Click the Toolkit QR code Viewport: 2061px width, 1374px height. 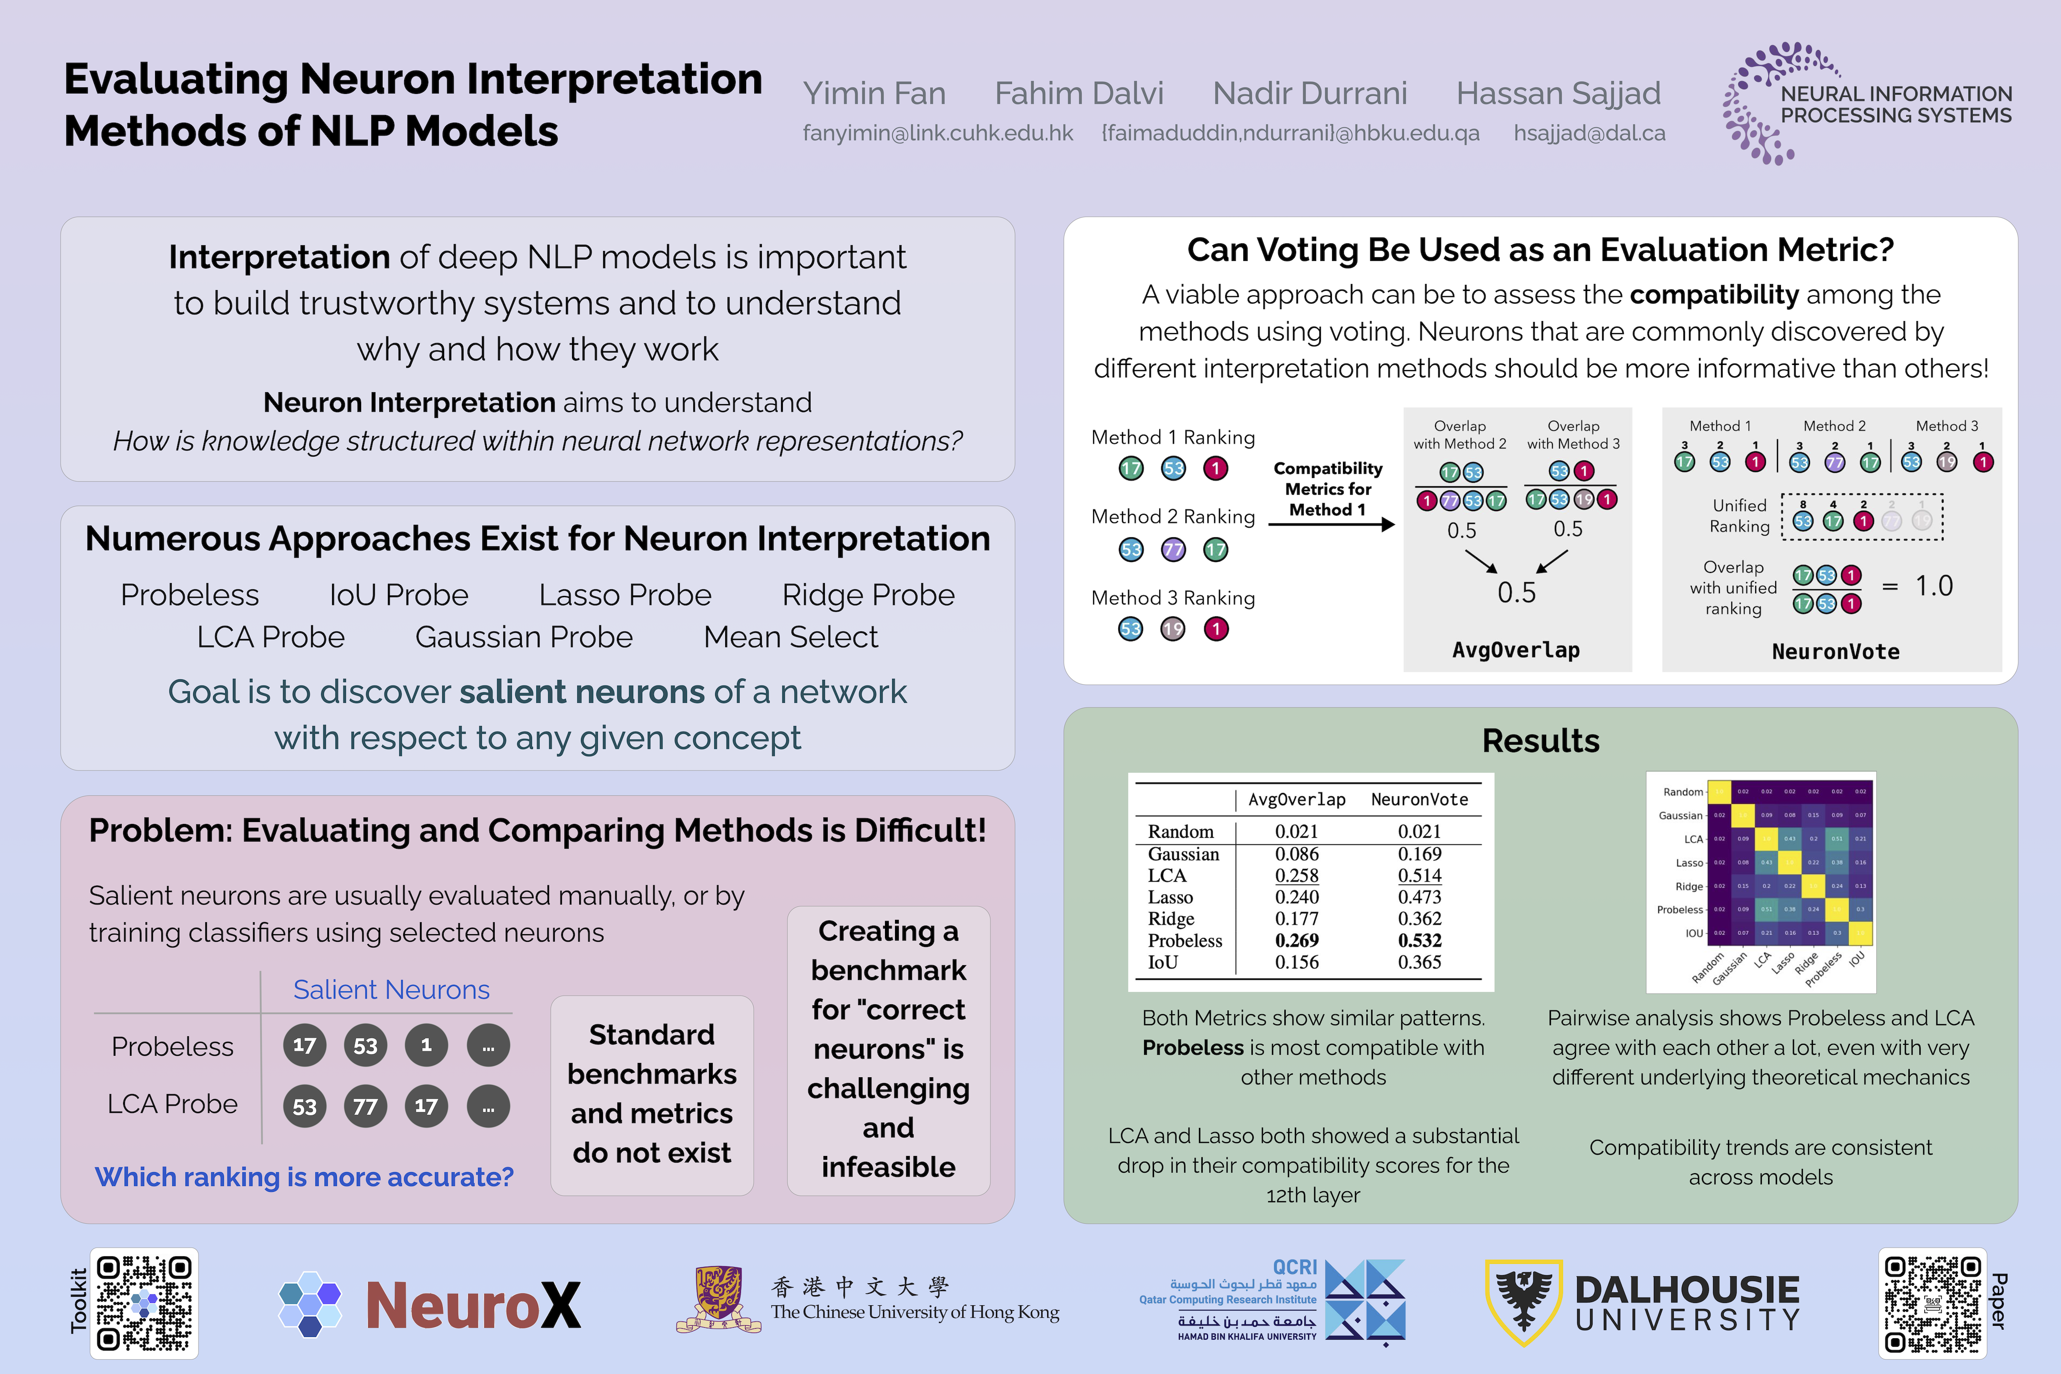point(145,1303)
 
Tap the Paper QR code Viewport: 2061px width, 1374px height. point(1931,1303)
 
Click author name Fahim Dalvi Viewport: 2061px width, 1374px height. point(1079,93)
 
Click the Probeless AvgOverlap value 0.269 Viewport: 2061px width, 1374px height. point(1297,940)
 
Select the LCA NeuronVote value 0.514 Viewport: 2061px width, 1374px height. point(1420,875)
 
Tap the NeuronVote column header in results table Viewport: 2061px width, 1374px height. point(1420,799)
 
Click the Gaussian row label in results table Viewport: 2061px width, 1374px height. point(1183,854)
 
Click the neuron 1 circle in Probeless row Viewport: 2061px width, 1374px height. point(426,1044)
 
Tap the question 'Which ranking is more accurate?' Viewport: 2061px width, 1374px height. point(304,1177)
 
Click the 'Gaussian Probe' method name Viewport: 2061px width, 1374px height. point(524,637)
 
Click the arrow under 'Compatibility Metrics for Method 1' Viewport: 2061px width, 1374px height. point(1330,524)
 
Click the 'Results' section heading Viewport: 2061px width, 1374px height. point(1541,740)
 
